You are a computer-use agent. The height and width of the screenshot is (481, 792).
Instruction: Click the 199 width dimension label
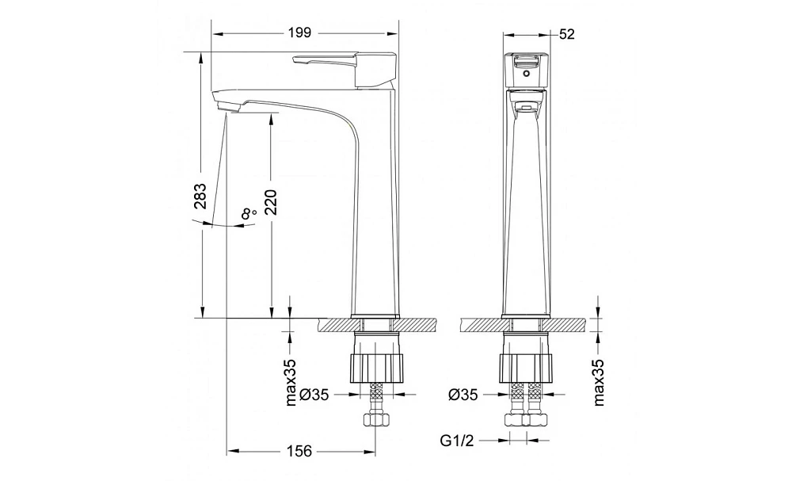(299, 33)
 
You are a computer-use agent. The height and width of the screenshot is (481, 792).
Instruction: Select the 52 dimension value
(567, 34)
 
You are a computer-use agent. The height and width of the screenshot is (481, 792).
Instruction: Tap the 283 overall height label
(200, 196)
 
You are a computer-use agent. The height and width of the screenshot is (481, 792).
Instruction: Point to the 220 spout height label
(271, 202)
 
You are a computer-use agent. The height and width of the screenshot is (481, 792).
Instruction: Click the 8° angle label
(249, 214)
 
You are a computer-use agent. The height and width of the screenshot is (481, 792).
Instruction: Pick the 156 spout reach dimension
(299, 451)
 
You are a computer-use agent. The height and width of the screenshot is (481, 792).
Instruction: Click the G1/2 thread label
(457, 441)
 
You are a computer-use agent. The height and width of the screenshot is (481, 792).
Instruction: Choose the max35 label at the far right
(599, 383)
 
